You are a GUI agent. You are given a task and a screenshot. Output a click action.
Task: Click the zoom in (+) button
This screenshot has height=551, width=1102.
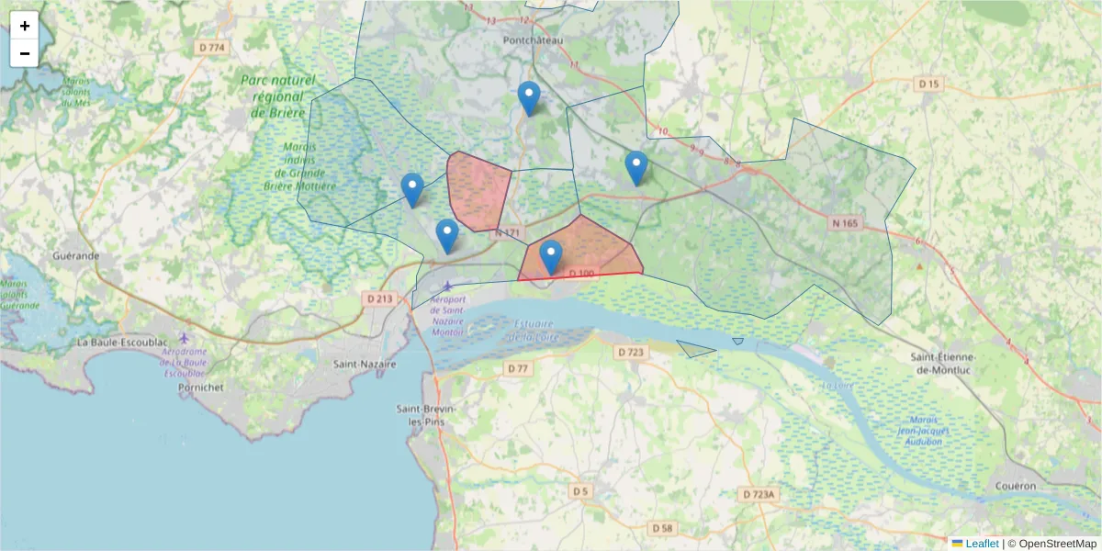[x=25, y=26]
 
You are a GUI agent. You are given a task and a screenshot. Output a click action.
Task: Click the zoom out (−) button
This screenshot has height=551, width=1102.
[x=25, y=53]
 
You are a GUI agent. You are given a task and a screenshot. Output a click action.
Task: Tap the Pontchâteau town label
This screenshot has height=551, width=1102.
[x=533, y=41]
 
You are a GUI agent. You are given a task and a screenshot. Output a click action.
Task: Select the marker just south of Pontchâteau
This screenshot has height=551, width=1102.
[x=529, y=98]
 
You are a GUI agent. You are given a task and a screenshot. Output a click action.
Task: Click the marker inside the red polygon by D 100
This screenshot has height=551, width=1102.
[x=551, y=257]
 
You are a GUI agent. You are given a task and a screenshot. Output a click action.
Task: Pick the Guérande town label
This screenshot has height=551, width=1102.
[x=76, y=256]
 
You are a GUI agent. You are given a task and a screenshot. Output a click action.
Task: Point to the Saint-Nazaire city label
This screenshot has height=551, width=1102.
[x=365, y=365]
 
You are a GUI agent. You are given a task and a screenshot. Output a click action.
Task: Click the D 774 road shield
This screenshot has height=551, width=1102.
[x=211, y=47]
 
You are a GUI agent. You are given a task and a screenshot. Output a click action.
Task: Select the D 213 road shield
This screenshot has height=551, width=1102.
[x=379, y=298]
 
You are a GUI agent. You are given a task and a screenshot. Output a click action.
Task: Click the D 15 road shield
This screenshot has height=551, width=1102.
[x=929, y=84]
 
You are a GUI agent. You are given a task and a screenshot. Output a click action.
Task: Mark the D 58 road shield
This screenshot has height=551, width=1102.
[x=661, y=528]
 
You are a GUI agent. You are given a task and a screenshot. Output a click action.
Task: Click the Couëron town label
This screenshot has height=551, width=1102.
[x=1015, y=486]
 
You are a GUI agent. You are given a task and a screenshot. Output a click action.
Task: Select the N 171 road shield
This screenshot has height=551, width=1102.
[x=507, y=234]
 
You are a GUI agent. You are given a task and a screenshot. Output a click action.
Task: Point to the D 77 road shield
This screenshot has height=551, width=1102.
[x=519, y=369]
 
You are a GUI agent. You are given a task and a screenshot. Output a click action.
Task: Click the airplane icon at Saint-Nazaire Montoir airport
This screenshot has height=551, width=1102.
[x=447, y=287]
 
